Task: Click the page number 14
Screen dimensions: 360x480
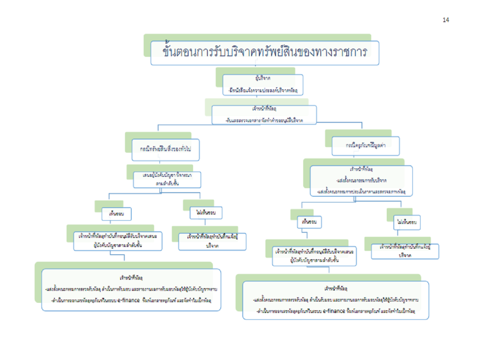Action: [445, 20]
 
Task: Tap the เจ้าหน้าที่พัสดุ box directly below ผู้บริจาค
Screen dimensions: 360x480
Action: [264, 115]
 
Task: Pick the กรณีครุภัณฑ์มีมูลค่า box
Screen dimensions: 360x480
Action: [366, 145]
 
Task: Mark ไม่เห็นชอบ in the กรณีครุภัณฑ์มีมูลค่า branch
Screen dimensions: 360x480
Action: [406, 222]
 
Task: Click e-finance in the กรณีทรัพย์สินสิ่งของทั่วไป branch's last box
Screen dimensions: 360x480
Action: [145, 300]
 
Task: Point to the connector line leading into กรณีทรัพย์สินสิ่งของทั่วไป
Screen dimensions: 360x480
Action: [158, 131]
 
